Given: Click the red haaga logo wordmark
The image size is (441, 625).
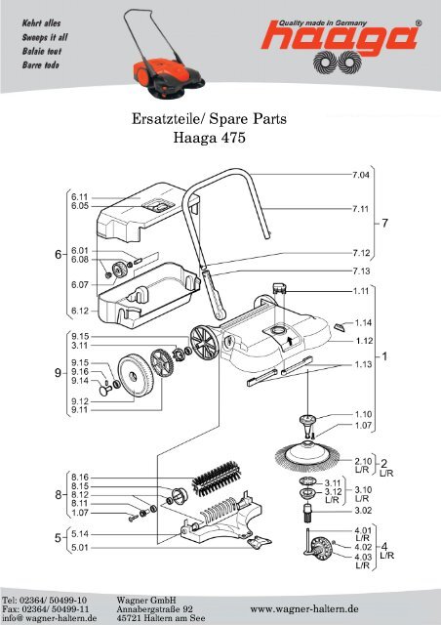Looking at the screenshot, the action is click(341, 38).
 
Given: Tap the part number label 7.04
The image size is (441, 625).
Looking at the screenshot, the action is click(361, 175).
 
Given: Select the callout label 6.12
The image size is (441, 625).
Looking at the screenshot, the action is click(80, 311).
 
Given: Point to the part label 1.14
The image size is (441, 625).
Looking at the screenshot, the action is click(363, 323).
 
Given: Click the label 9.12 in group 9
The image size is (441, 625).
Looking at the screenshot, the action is click(80, 401).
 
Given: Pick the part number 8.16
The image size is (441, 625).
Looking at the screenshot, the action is click(80, 478).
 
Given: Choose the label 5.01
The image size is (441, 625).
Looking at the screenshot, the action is click(80, 548).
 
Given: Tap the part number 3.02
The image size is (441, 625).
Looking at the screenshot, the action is click(363, 511).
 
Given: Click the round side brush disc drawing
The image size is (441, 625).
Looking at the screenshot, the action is click(307, 454).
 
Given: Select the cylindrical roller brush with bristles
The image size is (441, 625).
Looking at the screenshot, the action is click(217, 479).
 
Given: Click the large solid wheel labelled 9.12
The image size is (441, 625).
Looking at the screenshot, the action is click(137, 377).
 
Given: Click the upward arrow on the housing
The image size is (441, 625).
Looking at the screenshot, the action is click(290, 340).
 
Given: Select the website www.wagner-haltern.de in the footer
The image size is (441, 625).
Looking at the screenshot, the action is click(304, 609).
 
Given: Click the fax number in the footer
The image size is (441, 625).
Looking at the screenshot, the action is click(46, 609).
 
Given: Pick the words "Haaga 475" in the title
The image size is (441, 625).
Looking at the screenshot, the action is click(209, 138).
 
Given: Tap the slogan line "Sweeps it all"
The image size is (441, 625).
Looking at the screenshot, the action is click(45, 37).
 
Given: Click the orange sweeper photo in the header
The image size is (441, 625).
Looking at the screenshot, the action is click(164, 54).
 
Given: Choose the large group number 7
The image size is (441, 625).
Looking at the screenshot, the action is click(384, 224).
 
